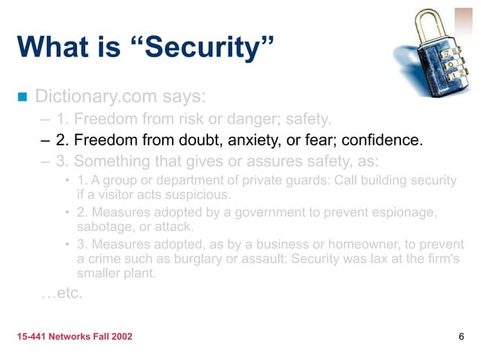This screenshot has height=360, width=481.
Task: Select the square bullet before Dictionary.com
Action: tap(21, 96)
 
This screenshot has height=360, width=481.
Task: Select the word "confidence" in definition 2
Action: tap(382, 140)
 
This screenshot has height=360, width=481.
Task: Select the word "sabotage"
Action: tap(105, 227)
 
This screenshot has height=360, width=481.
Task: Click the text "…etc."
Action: tap(61, 292)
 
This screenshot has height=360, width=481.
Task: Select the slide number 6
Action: tap(461, 336)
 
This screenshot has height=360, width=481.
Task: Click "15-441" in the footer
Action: tap(32, 336)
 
